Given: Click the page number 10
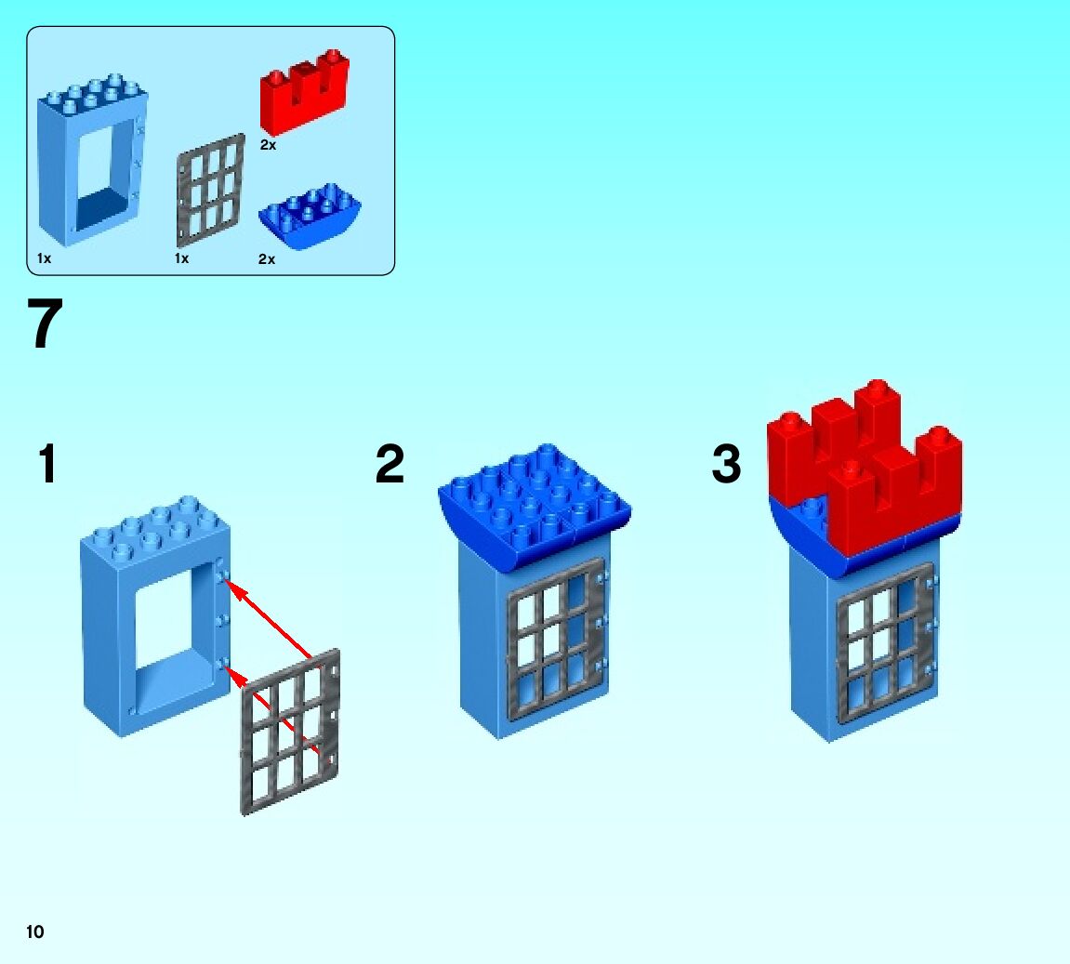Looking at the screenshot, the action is click(x=35, y=932).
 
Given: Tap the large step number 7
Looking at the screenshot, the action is click(x=46, y=324).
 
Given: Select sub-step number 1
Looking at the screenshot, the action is click(x=46, y=464).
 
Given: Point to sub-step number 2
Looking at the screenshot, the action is click(x=390, y=464).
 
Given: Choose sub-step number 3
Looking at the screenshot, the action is click(x=726, y=464).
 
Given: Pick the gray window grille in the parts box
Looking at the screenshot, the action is click(x=210, y=190).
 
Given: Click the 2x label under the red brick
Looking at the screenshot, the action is click(x=268, y=145).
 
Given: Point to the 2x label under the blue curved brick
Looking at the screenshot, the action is click(x=267, y=259).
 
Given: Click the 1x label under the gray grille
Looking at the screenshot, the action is click(x=181, y=258).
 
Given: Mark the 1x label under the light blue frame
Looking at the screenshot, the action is click(x=44, y=258).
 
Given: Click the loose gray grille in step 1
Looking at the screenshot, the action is click(x=290, y=734).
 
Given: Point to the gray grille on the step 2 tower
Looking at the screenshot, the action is click(x=554, y=641).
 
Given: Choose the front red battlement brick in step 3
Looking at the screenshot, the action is click(x=892, y=502).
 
